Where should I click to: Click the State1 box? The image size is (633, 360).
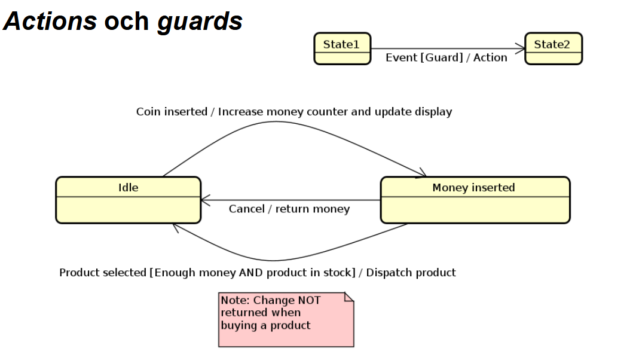[342, 48]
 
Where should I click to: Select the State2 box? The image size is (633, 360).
[553, 48]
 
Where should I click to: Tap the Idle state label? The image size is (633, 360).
[128, 188]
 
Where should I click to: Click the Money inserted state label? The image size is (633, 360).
[473, 188]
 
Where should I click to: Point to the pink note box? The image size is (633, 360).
[286, 319]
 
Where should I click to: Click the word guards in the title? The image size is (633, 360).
[200, 22]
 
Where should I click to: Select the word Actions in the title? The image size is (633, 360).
[50, 22]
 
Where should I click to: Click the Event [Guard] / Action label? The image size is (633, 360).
[446, 58]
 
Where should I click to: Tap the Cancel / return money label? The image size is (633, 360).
[289, 209]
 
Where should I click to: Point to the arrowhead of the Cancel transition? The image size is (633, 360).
[205, 200]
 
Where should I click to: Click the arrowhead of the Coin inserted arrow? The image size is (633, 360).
[421, 173]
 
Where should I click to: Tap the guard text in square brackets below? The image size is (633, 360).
[252, 273]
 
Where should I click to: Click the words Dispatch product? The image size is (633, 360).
[411, 273]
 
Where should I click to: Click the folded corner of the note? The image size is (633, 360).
[349, 297]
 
